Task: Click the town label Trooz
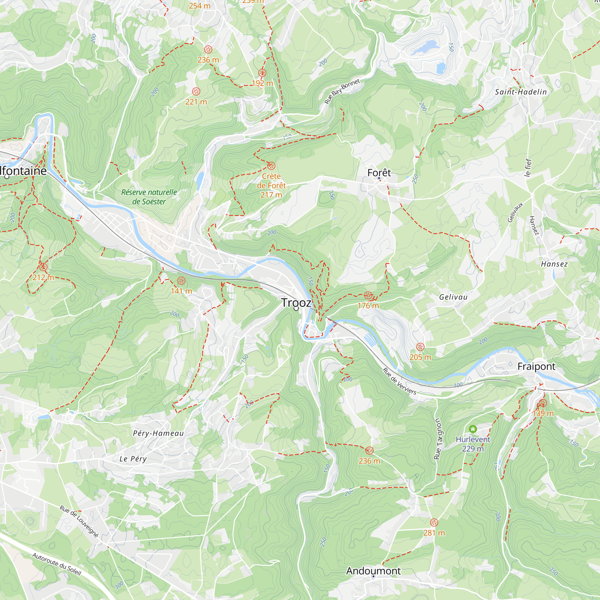(296, 302)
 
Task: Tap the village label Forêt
(379, 173)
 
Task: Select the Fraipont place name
(536, 367)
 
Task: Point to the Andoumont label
(373, 571)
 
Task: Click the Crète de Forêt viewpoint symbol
(271, 166)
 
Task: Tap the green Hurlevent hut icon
(473, 429)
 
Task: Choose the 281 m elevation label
(434, 533)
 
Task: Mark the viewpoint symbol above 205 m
(420, 347)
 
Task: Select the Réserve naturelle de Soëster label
(149, 197)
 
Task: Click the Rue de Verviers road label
(399, 381)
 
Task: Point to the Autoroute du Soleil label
(56, 564)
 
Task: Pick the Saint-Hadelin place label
(521, 92)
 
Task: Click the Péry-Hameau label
(158, 433)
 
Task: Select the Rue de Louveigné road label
(79, 521)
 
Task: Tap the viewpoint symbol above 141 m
(181, 281)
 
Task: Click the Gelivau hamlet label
(453, 297)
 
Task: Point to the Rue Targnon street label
(438, 439)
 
